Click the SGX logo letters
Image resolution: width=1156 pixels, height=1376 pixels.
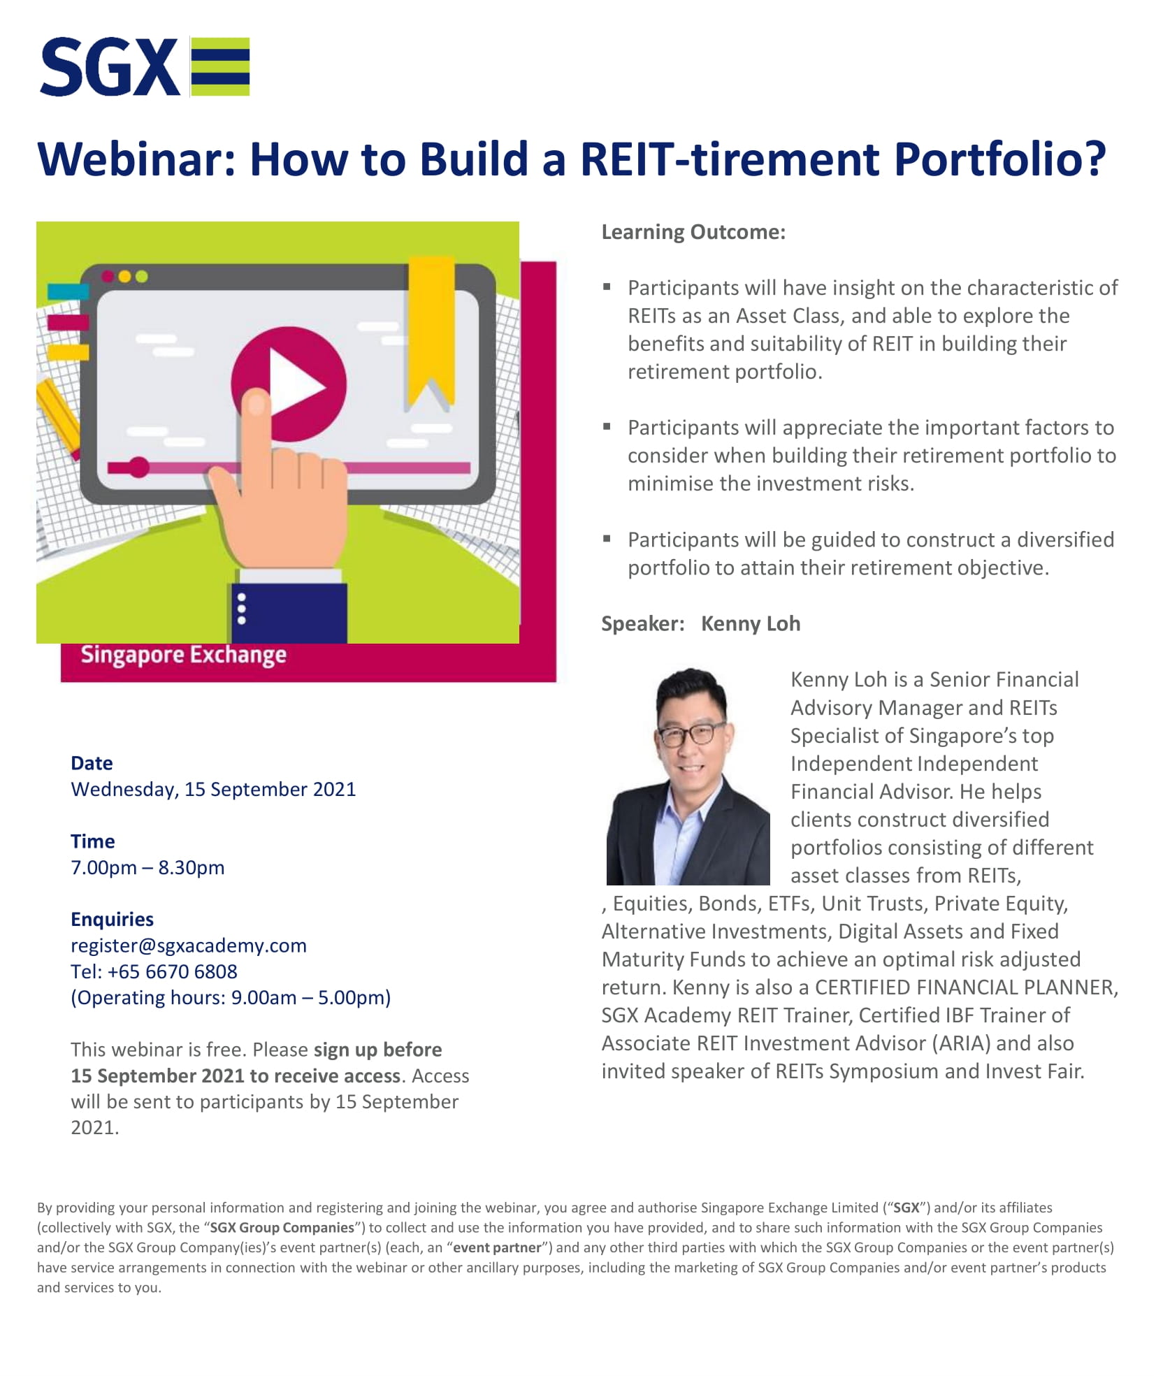tap(110, 67)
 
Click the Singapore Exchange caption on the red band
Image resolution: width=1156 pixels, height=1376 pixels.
tap(183, 655)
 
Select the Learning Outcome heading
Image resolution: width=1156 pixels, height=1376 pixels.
tap(693, 232)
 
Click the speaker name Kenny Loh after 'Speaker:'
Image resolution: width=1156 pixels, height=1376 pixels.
tap(751, 623)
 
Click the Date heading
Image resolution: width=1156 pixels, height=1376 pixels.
tap(92, 763)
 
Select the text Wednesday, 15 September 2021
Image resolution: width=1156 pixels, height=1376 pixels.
tap(213, 790)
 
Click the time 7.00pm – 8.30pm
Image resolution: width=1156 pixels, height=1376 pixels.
tap(147, 868)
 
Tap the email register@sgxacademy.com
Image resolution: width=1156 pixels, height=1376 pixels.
tap(189, 946)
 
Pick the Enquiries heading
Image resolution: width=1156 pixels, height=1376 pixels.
tap(112, 920)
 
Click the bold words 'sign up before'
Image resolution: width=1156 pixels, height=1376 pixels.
tap(377, 1050)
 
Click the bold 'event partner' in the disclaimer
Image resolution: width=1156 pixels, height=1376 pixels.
tap(497, 1247)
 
